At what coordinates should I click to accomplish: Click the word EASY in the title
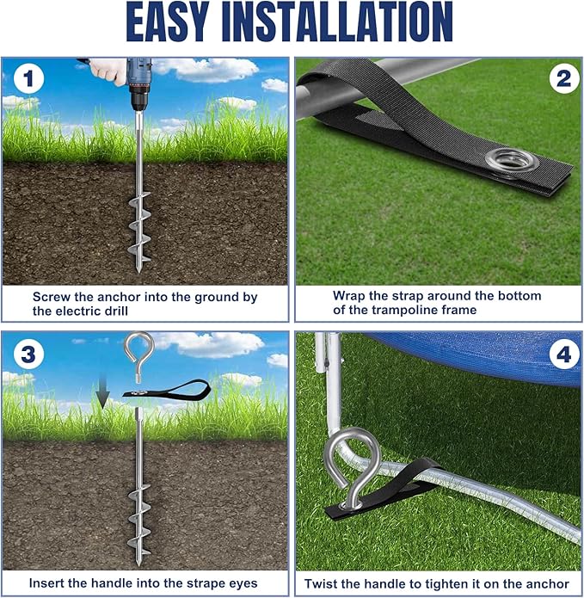[x=168, y=22]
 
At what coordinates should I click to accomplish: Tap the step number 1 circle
[x=28, y=79]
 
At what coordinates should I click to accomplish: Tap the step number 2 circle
[x=564, y=79]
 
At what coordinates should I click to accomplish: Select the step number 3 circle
[x=28, y=354]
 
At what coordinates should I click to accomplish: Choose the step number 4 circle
[x=564, y=354]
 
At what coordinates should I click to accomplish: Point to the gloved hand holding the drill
[x=107, y=71]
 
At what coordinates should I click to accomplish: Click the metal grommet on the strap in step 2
[x=512, y=160]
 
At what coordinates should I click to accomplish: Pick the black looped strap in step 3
[x=167, y=390]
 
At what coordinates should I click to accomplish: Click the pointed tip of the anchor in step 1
[x=138, y=271]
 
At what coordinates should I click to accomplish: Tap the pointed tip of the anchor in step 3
[x=138, y=564]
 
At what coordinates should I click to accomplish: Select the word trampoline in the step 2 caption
[x=405, y=310]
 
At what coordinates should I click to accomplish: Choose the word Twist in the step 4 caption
[x=321, y=583]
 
